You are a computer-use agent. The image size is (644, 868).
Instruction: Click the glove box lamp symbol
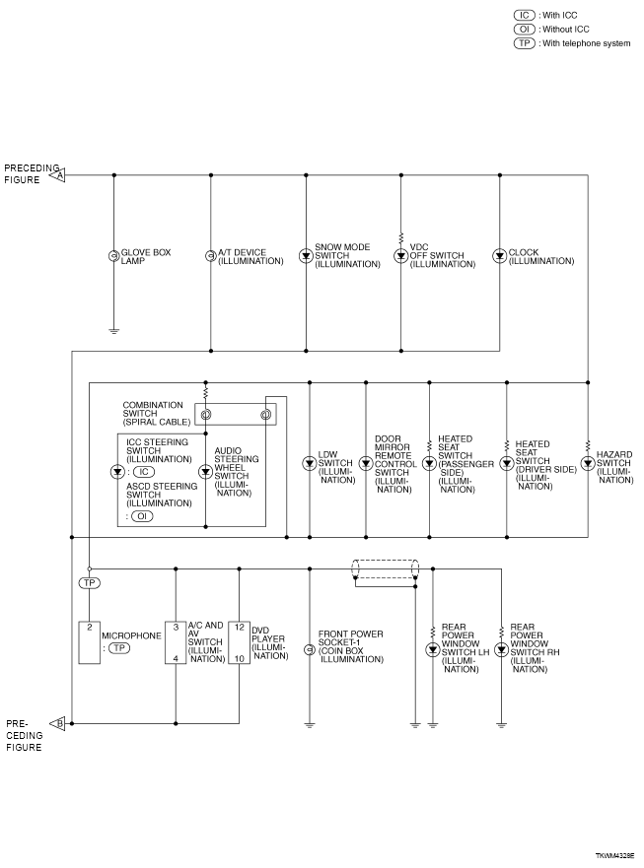tap(113, 256)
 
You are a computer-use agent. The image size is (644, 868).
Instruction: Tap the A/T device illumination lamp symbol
tap(211, 256)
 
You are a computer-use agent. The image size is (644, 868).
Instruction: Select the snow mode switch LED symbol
tap(306, 256)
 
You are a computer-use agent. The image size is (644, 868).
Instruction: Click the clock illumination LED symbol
tap(499, 256)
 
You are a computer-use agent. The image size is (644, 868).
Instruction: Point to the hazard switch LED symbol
tap(588, 463)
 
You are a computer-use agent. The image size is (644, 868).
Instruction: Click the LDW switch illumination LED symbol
tap(310, 463)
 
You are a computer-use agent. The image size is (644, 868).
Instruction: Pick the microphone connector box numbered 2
tap(89, 642)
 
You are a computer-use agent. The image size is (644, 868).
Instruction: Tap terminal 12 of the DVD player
tap(240, 628)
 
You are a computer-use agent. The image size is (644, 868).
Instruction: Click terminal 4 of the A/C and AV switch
tap(176, 659)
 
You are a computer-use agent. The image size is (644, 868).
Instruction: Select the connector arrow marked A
tap(57, 175)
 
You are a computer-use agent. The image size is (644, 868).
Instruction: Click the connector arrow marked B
tap(57, 723)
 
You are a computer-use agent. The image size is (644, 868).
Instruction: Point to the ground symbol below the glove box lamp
tap(113, 331)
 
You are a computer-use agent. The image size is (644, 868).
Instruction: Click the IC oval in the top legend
tap(525, 15)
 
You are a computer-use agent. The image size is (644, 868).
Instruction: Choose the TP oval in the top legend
tap(525, 43)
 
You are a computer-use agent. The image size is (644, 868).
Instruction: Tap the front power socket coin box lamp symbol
tap(310, 649)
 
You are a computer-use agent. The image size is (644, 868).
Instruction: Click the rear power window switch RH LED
tap(502, 649)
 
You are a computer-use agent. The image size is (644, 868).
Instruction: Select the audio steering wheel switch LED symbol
tap(205, 472)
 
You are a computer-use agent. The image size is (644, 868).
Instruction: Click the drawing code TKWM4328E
tap(615, 856)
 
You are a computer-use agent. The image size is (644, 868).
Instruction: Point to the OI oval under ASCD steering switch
tap(142, 516)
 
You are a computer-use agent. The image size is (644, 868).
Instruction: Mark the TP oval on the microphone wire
tap(89, 583)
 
